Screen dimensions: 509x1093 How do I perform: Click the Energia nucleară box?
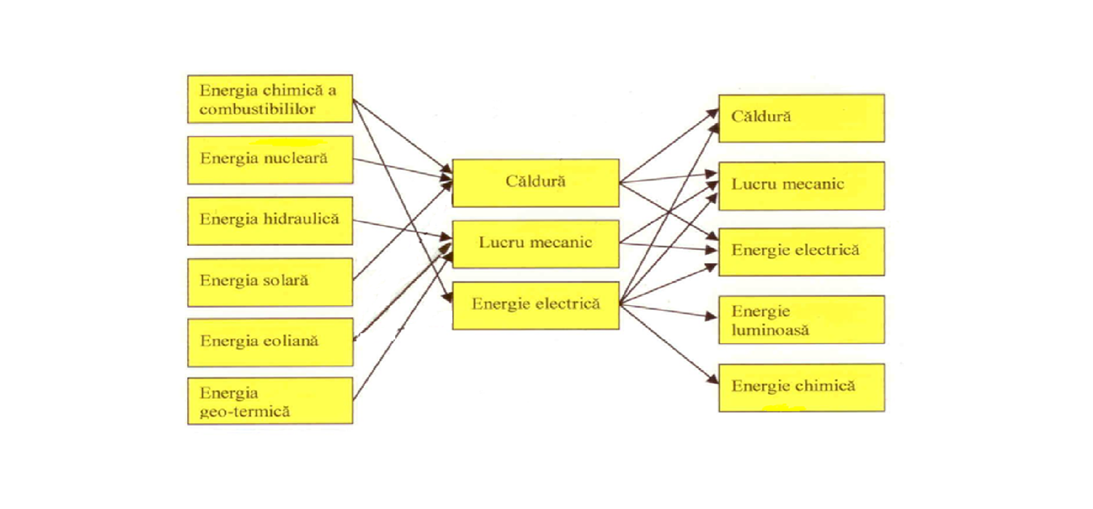[270, 159]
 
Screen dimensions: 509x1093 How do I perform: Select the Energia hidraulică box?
[270, 220]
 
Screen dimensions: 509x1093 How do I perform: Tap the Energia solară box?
[270, 282]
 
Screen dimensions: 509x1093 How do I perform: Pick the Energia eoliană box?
[270, 341]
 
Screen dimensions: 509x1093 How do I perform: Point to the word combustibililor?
[257, 108]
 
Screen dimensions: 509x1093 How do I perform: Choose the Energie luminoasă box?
[801, 320]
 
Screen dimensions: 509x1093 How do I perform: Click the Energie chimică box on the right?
[801, 387]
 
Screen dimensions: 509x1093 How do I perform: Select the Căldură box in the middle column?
[535, 182]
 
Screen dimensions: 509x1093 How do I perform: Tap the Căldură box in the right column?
[801, 117]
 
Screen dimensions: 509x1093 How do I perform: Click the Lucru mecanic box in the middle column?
[535, 243]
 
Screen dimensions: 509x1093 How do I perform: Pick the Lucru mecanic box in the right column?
[801, 185]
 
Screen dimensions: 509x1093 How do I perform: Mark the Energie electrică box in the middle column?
[535, 305]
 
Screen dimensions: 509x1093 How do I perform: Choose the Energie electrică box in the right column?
[801, 251]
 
